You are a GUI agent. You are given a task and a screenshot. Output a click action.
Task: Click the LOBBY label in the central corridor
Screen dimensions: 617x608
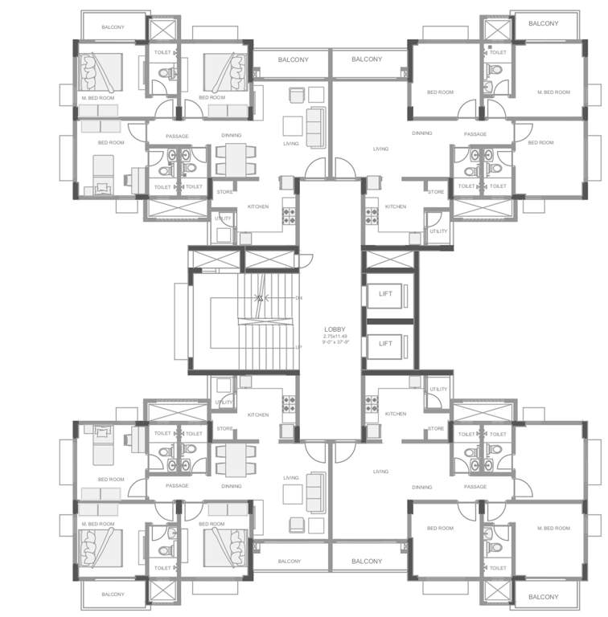coord(335,329)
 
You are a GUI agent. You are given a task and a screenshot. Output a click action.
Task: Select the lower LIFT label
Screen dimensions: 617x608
coord(385,343)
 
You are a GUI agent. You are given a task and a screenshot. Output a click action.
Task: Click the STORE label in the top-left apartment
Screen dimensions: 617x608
coord(225,192)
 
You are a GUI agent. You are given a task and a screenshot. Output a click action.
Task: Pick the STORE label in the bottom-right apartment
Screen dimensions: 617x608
coord(436,428)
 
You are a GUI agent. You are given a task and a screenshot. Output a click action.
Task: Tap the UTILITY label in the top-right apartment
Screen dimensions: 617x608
coord(438,231)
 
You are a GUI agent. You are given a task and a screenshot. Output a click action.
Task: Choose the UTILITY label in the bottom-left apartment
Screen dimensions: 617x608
coord(223,402)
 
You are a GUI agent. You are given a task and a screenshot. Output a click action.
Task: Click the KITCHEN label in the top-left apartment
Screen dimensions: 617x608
coord(257,206)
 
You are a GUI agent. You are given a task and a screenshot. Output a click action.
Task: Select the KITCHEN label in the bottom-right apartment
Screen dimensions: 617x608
coord(396,414)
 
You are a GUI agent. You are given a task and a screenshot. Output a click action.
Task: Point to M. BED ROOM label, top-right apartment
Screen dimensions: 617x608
coord(553,92)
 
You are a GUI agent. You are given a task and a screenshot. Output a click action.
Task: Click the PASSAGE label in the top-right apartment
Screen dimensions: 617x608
coord(475,134)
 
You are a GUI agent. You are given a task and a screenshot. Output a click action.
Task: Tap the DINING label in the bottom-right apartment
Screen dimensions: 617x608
coord(421,487)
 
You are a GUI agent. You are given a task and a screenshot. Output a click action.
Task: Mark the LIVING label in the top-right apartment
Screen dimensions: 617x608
coord(380,149)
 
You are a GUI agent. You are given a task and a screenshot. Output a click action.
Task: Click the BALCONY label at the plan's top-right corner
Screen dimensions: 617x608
coord(544,23)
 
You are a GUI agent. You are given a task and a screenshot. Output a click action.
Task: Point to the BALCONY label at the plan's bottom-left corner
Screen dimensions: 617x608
coord(113,595)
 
